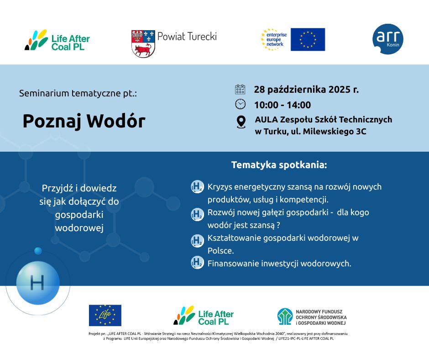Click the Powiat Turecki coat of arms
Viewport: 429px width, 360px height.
[x=143, y=44]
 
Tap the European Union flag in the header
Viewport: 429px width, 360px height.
[x=308, y=39]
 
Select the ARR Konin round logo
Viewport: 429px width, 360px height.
[x=388, y=39]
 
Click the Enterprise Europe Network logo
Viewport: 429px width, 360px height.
[x=274, y=39]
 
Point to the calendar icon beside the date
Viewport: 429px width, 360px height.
[x=240, y=90]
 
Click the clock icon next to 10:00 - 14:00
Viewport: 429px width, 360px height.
[x=240, y=105]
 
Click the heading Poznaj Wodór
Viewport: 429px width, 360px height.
[x=84, y=121]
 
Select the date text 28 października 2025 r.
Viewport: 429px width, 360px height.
[x=306, y=90]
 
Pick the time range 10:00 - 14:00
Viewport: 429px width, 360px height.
[x=282, y=105]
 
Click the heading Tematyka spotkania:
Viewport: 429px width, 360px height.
[x=279, y=165]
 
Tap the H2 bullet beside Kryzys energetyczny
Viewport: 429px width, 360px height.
[x=197, y=186]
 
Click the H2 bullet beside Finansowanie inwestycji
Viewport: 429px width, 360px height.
[x=197, y=263]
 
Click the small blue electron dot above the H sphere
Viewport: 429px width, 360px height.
[x=38, y=251]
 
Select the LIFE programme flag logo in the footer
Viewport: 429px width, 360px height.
[x=105, y=315]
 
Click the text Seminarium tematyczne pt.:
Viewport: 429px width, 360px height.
[x=78, y=93]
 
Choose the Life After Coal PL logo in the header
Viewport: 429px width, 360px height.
[x=57, y=40]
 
